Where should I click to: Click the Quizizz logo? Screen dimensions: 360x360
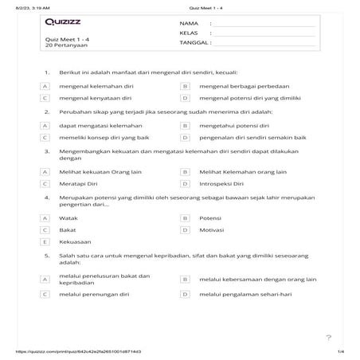click(x=61, y=24)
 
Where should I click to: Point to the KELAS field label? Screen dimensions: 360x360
click(x=189, y=33)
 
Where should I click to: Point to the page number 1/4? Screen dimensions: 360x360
click(x=340, y=351)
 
